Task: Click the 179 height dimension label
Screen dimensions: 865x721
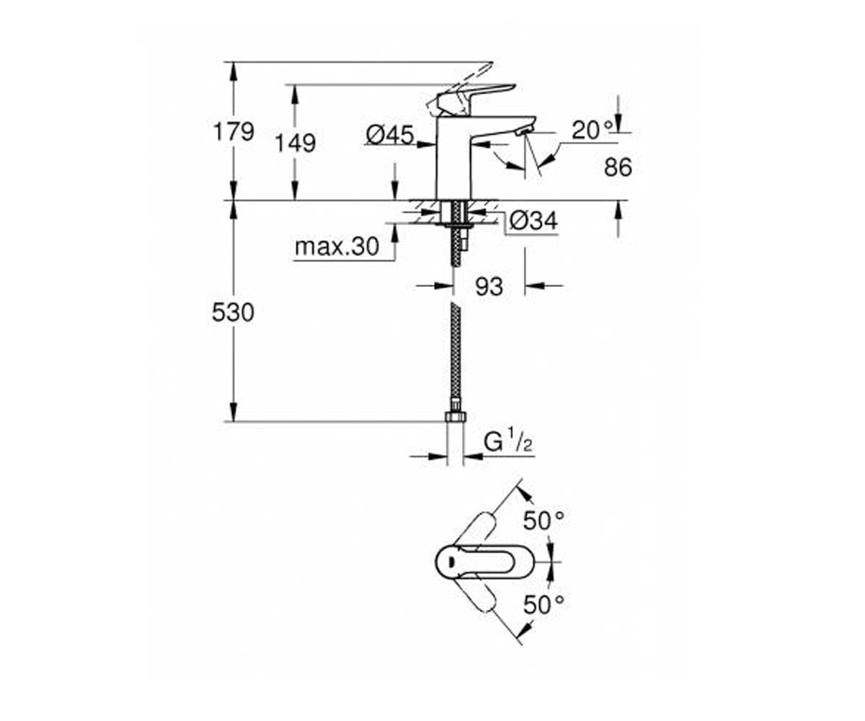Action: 234,132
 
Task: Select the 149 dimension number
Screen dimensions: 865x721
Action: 296,143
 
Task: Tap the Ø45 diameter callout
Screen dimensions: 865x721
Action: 390,135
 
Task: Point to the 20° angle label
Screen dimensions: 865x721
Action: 592,130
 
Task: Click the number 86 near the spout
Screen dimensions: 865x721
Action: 618,167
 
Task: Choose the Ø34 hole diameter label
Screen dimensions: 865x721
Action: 533,221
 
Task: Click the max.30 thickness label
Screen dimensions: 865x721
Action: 337,247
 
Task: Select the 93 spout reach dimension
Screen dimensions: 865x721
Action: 489,286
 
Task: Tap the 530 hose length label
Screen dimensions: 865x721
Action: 233,312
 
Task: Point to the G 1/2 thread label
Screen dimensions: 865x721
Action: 507,443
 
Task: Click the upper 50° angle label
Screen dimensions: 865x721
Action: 544,521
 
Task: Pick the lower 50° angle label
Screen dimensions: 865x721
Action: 544,605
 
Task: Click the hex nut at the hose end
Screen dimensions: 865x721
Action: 456,416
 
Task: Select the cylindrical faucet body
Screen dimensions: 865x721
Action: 454,157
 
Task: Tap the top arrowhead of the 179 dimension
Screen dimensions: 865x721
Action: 234,70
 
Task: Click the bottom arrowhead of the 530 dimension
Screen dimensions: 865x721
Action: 234,412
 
